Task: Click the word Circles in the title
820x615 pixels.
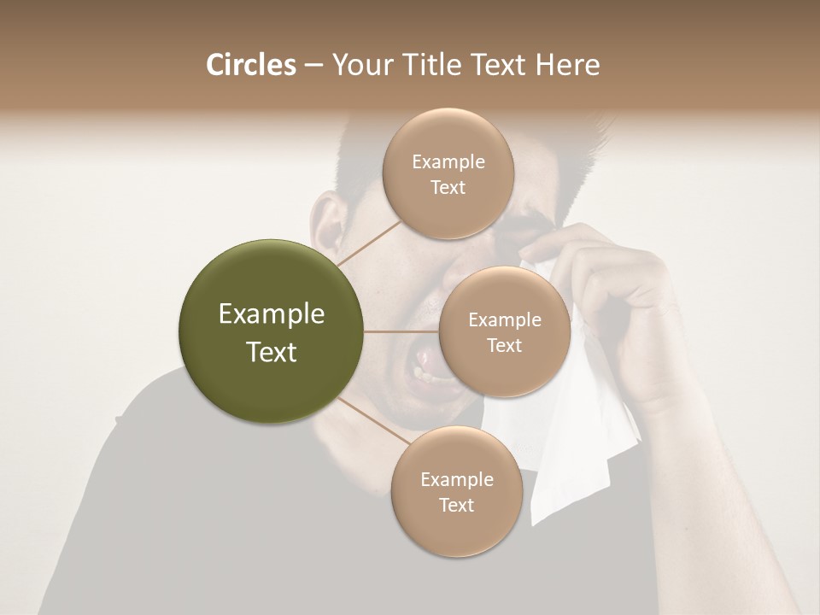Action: coord(250,65)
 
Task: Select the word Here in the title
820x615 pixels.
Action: coord(567,65)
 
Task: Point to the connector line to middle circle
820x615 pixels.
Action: coord(401,331)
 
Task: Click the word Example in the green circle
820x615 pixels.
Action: coord(272,314)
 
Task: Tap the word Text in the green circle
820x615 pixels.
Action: coord(272,352)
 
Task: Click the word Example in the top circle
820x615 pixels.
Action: coord(448,162)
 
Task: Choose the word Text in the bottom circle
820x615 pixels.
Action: coord(456,505)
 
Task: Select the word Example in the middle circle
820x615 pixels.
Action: coord(504,320)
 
